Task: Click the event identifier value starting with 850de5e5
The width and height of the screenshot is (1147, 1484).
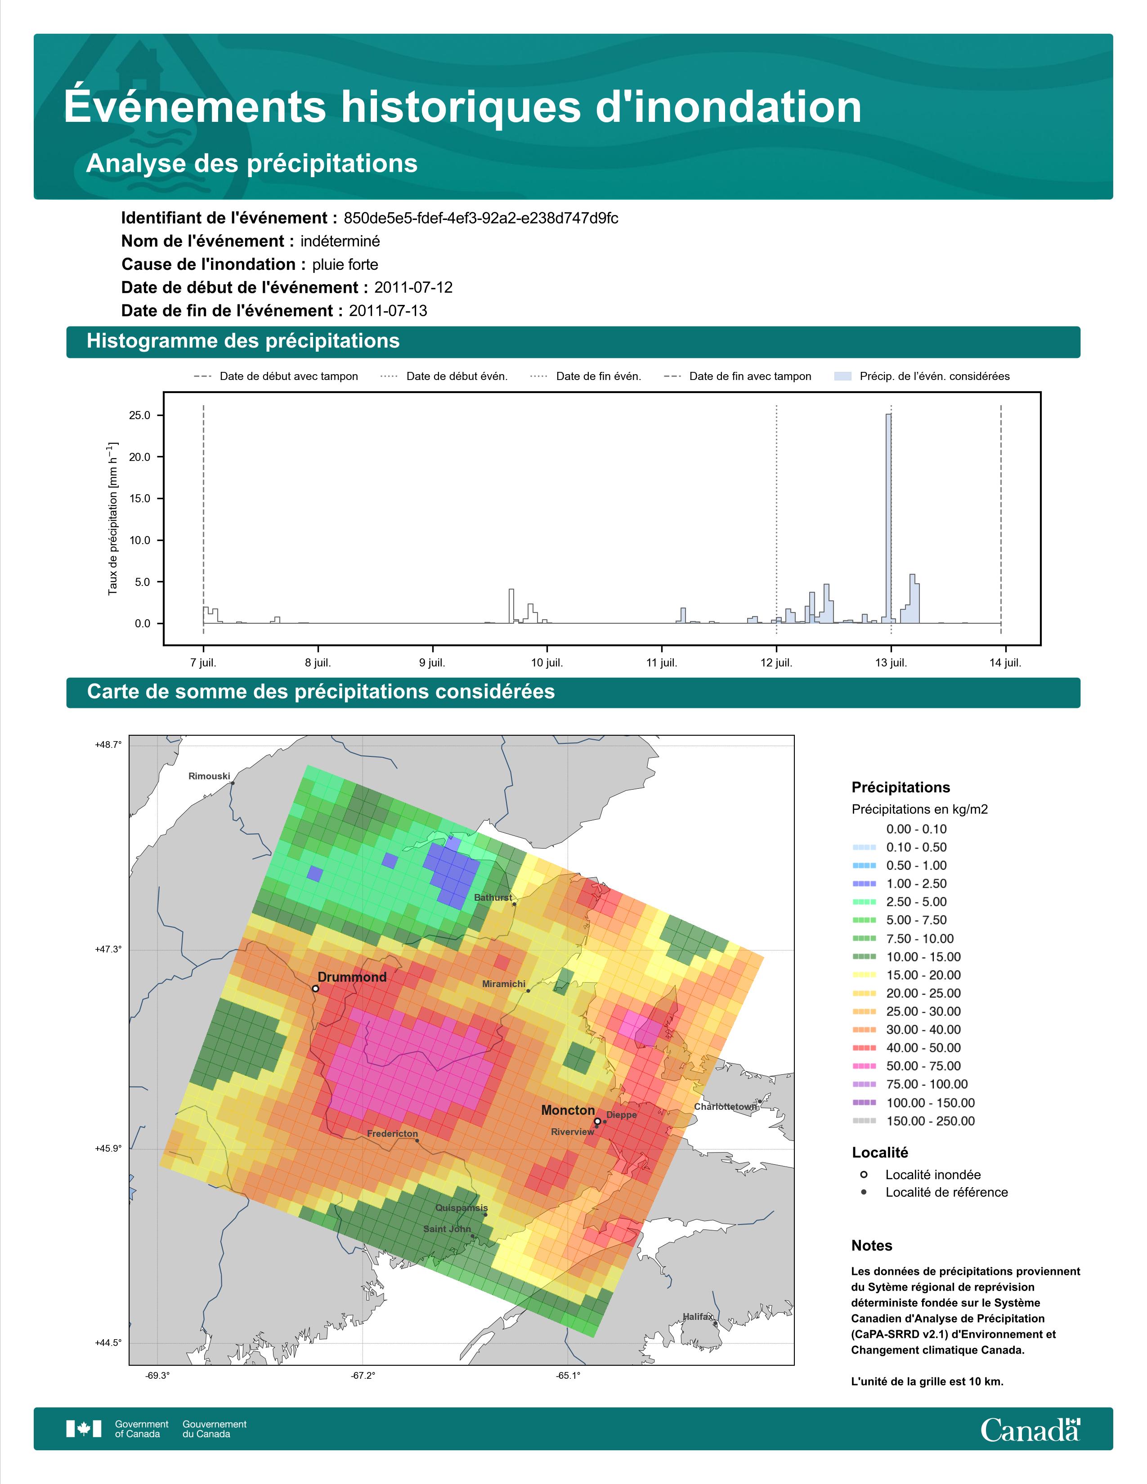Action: (x=481, y=218)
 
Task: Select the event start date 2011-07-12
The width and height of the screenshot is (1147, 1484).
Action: (x=413, y=287)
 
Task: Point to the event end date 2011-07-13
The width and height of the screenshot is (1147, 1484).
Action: (x=388, y=311)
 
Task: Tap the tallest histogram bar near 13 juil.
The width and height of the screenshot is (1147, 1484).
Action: (x=888, y=519)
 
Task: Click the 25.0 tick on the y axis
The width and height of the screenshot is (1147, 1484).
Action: (x=139, y=415)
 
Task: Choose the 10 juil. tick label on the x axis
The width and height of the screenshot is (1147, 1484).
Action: (x=547, y=662)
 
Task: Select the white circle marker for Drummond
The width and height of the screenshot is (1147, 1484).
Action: (x=315, y=988)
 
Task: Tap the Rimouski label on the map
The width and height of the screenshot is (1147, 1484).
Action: (x=209, y=776)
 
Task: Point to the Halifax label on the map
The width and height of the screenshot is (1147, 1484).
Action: (x=697, y=1316)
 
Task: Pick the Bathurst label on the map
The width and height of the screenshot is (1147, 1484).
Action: (x=493, y=898)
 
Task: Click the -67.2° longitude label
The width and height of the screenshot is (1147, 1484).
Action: (x=363, y=1376)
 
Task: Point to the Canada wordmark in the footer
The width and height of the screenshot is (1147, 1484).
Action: (x=1030, y=1430)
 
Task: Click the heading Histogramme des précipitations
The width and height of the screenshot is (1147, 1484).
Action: (x=243, y=341)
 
